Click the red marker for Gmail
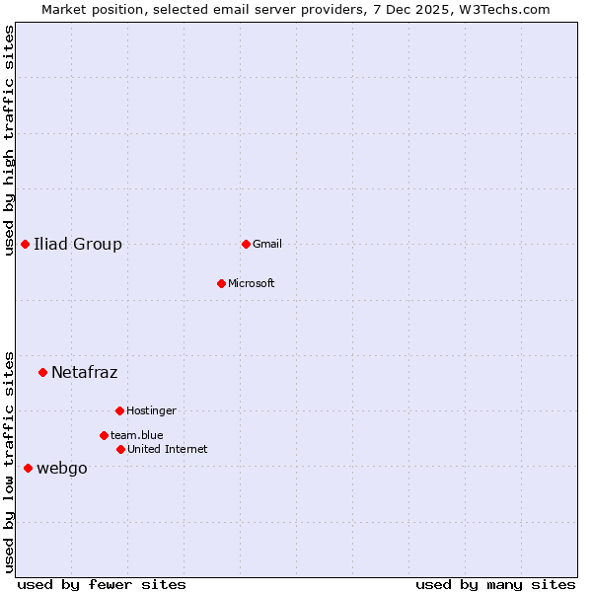click(x=246, y=244)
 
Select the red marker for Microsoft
click(x=222, y=283)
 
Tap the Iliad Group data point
click(x=25, y=244)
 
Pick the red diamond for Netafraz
click(x=42, y=372)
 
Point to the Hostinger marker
click(x=119, y=410)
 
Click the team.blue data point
click(x=104, y=435)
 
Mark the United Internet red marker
click(x=120, y=449)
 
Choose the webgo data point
click(x=28, y=468)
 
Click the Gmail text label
click(x=267, y=244)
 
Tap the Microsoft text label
click(x=252, y=283)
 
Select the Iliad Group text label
click(x=78, y=244)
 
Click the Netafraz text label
click(x=84, y=372)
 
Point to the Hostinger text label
click(x=151, y=410)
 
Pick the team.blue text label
click(x=137, y=435)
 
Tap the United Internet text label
click(x=168, y=449)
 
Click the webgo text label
click(x=61, y=468)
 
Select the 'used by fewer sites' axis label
click(x=102, y=584)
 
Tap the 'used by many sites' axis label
click(x=495, y=584)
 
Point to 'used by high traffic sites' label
click(x=10, y=140)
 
